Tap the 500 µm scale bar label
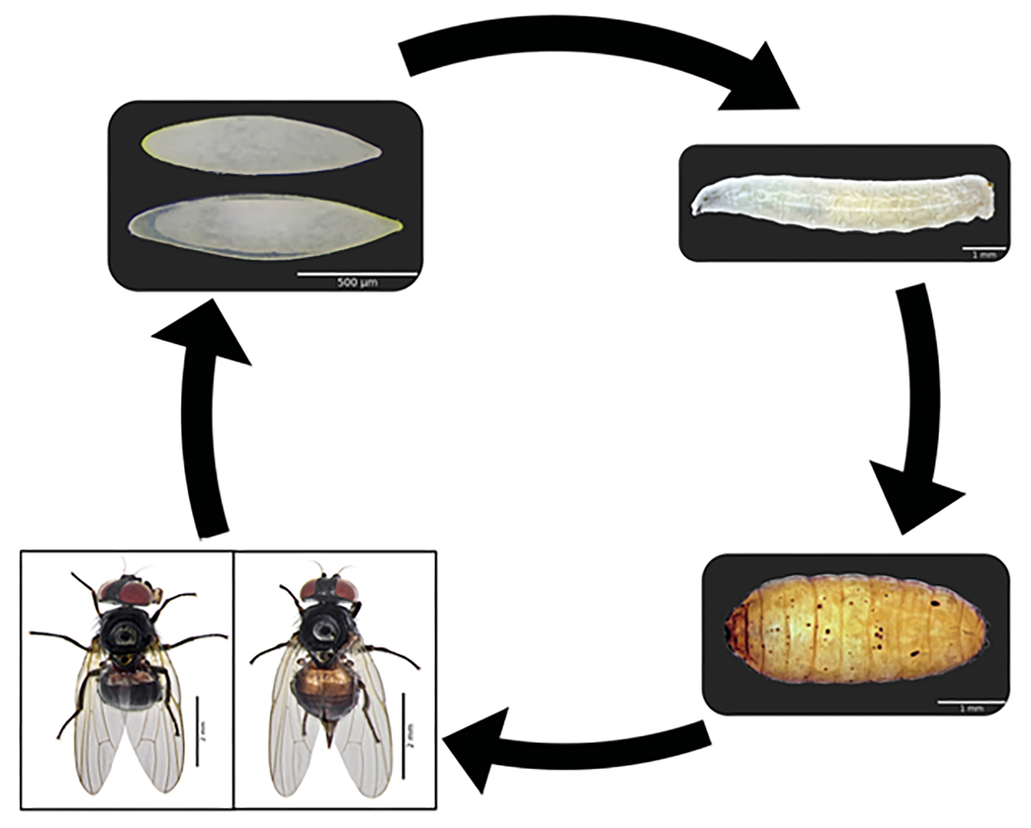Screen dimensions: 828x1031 [357, 283]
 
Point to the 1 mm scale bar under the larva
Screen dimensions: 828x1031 [984, 249]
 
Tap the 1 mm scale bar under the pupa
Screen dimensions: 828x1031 [971, 702]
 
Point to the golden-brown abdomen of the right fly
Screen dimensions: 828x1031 [325, 692]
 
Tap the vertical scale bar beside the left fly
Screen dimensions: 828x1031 [197, 731]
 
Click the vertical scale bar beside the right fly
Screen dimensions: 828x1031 [404, 735]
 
